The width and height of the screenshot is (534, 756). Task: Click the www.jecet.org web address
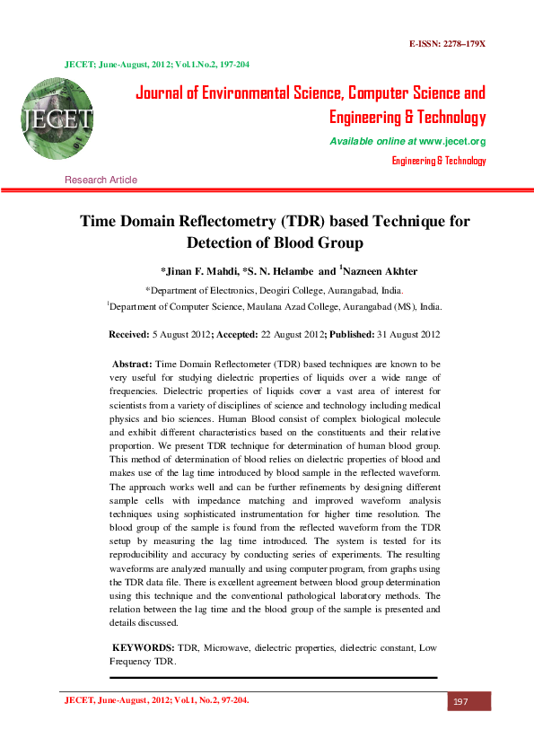(x=452, y=142)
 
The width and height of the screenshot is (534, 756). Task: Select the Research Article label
(x=101, y=180)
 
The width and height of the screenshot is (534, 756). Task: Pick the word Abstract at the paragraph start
(x=132, y=365)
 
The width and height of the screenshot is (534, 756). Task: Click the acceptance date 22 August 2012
(x=283, y=334)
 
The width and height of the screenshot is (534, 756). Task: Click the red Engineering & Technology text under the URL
(x=439, y=161)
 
